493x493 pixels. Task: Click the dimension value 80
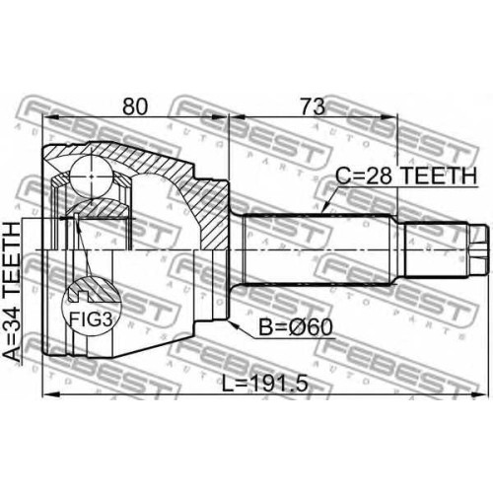(x=135, y=106)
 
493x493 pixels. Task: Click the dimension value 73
(x=314, y=106)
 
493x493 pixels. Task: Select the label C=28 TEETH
(x=406, y=176)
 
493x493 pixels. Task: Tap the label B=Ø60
(x=296, y=327)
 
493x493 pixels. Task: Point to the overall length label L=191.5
(x=265, y=384)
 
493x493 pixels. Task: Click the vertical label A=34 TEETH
(x=12, y=292)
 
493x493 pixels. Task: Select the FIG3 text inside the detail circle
(x=91, y=318)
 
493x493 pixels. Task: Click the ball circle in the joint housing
(x=92, y=176)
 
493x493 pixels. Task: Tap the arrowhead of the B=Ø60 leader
(x=233, y=324)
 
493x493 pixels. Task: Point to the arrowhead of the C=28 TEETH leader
(x=325, y=208)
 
